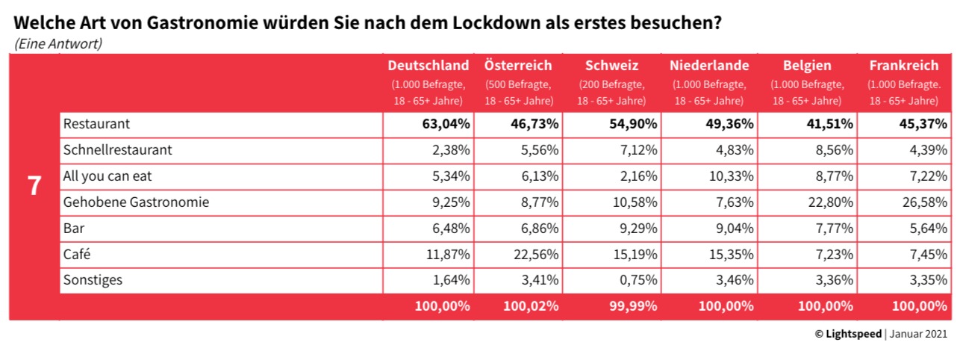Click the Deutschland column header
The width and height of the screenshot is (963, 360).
tap(428, 66)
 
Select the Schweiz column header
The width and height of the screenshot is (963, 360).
tap(612, 66)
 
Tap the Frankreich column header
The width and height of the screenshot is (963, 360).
tap(903, 66)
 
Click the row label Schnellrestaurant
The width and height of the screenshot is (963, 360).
tap(118, 149)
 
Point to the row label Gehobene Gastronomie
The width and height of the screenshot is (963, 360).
tap(136, 202)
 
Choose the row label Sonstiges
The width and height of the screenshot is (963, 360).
tap(93, 280)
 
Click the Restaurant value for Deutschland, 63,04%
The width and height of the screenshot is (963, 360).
tap(445, 123)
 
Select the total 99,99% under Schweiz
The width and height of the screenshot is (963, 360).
tap(632, 305)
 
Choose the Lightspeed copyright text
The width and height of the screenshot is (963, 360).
tap(848, 334)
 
